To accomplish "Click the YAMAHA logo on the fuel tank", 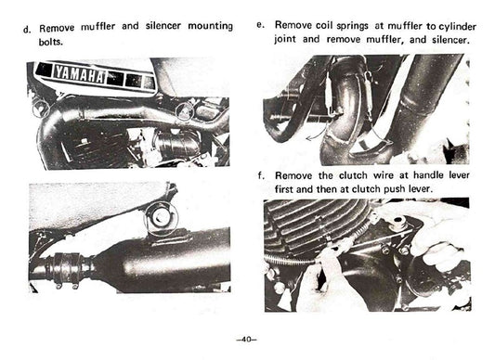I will (x=79, y=73).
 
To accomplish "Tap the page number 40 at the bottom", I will (x=246, y=337).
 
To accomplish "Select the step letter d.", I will (x=26, y=28).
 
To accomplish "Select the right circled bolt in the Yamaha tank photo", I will (x=187, y=111).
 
